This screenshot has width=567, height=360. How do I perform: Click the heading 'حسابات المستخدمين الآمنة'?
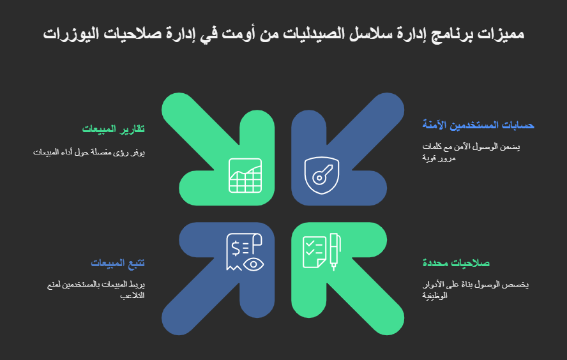click(x=478, y=125)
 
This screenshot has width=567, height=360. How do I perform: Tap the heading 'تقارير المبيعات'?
click(x=114, y=129)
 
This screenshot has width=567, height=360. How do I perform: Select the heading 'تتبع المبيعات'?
click(x=117, y=263)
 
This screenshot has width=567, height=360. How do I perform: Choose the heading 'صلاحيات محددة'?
click(x=456, y=263)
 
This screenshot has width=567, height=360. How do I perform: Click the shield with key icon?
click(x=321, y=176)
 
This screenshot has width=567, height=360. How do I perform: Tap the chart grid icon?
click(x=245, y=176)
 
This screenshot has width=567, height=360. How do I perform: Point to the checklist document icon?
click(x=314, y=252)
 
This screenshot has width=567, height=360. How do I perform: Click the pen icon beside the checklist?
click(x=335, y=251)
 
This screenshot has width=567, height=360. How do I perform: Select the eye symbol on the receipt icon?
click(x=253, y=264)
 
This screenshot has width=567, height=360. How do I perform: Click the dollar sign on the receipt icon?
click(x=236, y=249)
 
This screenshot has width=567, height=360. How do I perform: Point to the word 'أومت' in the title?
click(x=238, y=34)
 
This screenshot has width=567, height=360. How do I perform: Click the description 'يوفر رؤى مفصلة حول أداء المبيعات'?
click(x=89, y=153)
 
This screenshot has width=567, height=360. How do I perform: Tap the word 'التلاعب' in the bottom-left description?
click(x=132, y=296)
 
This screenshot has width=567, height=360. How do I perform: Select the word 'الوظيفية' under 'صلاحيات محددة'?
click(x=435, y=296)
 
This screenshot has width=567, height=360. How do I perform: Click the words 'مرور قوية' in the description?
click(x=439, y=158)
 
